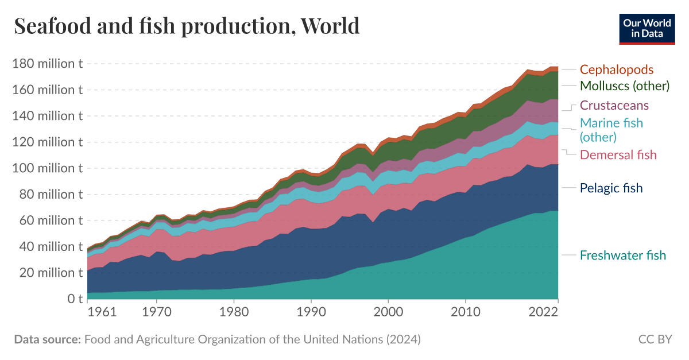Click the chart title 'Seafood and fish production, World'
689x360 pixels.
pos(187,26)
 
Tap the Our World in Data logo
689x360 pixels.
pos(647,28)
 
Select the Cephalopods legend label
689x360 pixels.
pos(616,69)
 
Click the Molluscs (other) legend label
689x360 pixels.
pos(625,86)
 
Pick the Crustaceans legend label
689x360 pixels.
pos(614,105)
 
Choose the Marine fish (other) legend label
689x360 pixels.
pos(611,130)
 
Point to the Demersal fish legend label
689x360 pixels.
pos(618,154)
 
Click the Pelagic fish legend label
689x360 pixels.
pos(611,188)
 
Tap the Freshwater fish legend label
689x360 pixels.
pos(623,255)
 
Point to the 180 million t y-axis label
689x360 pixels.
pos(47,63)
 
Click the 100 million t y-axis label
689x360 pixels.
pos(47,168)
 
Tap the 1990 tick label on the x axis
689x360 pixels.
pos(311,313)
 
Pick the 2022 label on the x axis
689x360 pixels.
pos(543,313)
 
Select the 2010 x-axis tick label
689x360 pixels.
pos(465,313)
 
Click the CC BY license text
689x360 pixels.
pos(655,339)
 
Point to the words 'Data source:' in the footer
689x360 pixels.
pos(47,339)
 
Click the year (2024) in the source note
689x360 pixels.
pos(403,339)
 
